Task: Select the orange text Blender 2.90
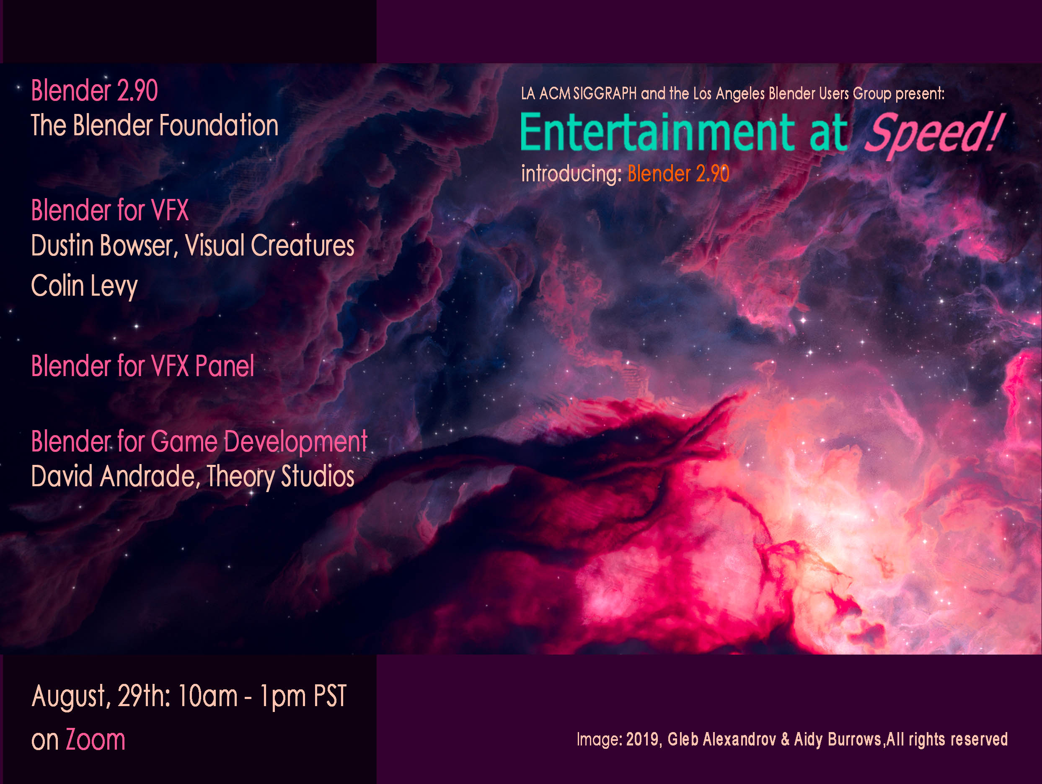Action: click(678, 174)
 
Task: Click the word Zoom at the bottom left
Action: click(96, 740)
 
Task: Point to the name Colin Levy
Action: click(84, 286)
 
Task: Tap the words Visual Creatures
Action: click(269, 246)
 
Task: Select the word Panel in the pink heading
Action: click(225, 366)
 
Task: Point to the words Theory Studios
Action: click(280, 477)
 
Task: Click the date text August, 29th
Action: click(101, 696)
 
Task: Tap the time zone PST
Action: click(330, 696)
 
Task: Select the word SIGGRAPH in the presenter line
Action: click(605, 94)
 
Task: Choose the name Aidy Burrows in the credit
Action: click(838, 739)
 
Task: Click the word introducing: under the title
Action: click(571, 174)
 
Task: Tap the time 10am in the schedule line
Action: click(208, 696)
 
